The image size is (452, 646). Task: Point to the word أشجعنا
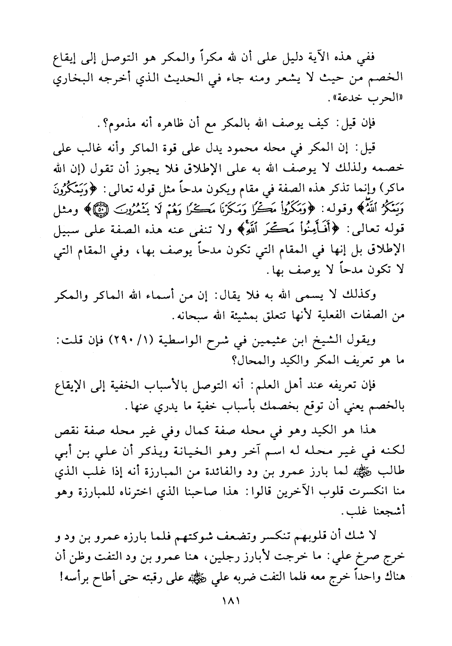pos(384,513)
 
